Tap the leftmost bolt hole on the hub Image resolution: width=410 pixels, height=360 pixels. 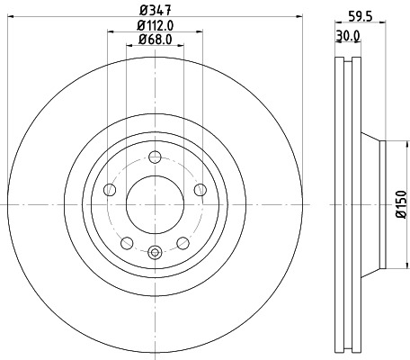110,189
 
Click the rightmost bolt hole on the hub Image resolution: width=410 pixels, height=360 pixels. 200,189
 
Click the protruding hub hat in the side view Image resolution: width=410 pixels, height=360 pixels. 372,203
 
